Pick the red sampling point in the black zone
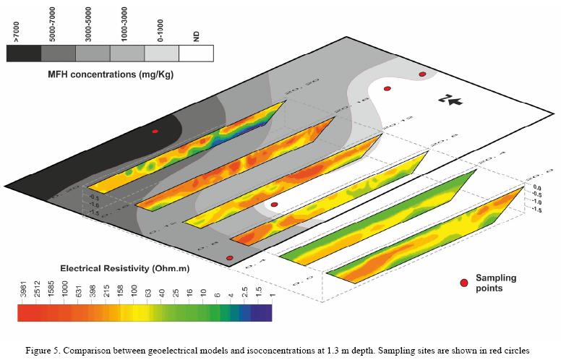(x=155, y=132)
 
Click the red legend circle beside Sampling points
(x=465, y=282)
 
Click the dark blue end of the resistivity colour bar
(x=265, y=312)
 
